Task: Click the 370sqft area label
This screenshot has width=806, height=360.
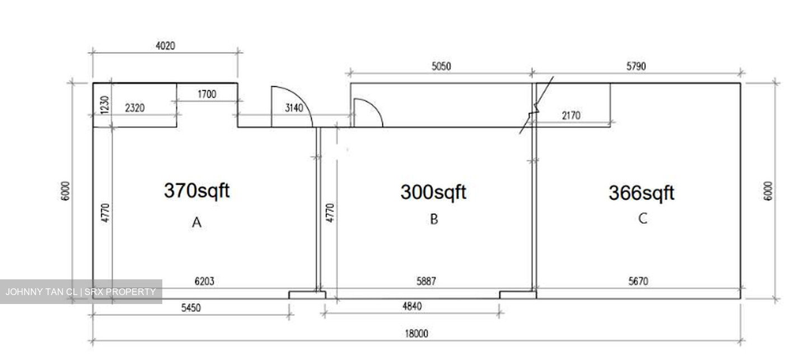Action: click(197, 191)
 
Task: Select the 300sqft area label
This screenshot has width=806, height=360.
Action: click(433, 192)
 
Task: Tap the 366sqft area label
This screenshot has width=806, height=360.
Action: click(641, 193)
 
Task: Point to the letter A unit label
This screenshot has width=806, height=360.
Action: click(196, 222)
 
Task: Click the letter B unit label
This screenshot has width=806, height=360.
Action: click(434, 219)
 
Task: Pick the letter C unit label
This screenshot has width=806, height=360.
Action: click(643, 218)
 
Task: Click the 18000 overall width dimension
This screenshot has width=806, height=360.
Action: click(416, 334)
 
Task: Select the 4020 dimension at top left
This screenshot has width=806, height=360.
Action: click(166, 46)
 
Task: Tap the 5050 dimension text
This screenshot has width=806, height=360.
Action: click(441, 66)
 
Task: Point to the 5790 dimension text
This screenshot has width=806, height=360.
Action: click(636, 66)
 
